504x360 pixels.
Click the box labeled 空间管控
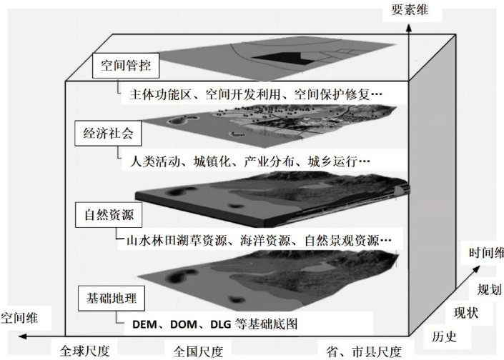[125, 69]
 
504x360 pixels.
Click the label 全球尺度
[84, 351]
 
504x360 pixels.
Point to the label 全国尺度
[199, 351]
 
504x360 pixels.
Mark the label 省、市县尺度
[362, 351]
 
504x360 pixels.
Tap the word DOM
[187, 324]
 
